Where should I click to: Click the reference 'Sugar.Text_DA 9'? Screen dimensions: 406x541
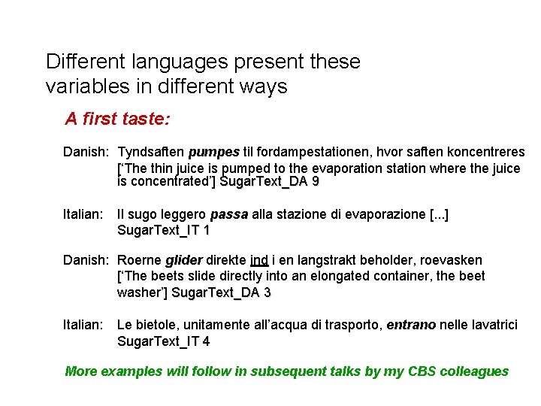click(x=269, y=182)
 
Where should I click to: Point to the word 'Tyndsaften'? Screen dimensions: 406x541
click(x=151, y=153)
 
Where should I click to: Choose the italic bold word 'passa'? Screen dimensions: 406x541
click(x=229, y=214)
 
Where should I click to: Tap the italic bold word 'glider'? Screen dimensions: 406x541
click(x=184, y=260)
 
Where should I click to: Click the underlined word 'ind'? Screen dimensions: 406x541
click(x=260, y=260)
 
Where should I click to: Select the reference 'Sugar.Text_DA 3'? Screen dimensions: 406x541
click(x=221, y=292)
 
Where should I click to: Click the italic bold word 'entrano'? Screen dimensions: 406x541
click(x=411, y=325)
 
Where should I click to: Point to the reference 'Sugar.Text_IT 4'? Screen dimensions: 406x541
click(x=164, y=341)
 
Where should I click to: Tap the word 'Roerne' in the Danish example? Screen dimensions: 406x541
click(x=139, y=260)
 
